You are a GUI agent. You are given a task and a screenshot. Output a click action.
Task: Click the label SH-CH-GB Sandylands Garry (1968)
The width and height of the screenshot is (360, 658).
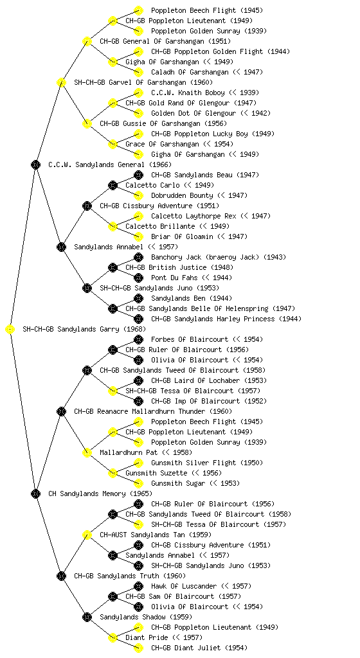(84, 329)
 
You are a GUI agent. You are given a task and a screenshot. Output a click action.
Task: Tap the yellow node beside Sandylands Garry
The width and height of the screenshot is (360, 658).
(10, 330)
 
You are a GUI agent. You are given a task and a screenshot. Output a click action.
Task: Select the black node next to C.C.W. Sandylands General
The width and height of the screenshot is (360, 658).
(35, 165)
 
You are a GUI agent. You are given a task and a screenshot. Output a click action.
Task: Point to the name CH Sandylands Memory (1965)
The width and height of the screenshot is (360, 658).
(100, 493)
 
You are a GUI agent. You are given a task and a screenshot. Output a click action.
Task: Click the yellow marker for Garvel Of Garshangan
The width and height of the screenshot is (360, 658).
(61, 83)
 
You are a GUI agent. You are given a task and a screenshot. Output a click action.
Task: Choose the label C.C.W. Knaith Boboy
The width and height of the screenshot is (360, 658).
(188, 93)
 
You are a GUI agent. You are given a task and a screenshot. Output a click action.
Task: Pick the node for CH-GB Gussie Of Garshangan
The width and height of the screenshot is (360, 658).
(87, 124)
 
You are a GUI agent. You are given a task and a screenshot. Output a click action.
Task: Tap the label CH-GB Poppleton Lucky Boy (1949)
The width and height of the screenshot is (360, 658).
(213, 134)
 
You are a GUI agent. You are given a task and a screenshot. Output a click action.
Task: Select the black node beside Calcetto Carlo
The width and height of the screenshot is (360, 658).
(113, 186)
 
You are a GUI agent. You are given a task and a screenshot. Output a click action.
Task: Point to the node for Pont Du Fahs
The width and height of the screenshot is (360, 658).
(138, 278)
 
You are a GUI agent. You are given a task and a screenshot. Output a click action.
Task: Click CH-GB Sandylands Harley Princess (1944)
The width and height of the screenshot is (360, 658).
(226, 319)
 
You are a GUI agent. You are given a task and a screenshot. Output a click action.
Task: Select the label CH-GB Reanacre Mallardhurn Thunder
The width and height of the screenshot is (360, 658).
(139, 411)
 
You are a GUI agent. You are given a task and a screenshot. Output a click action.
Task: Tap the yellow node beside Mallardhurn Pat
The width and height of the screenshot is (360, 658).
(87, 453)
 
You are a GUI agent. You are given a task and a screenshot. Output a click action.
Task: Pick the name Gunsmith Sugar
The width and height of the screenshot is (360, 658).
(178, 483)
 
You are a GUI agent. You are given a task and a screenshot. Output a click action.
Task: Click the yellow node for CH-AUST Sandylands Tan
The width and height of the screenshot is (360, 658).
(87, 535)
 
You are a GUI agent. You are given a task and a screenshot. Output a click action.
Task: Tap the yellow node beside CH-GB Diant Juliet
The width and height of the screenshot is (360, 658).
(138, 648)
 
